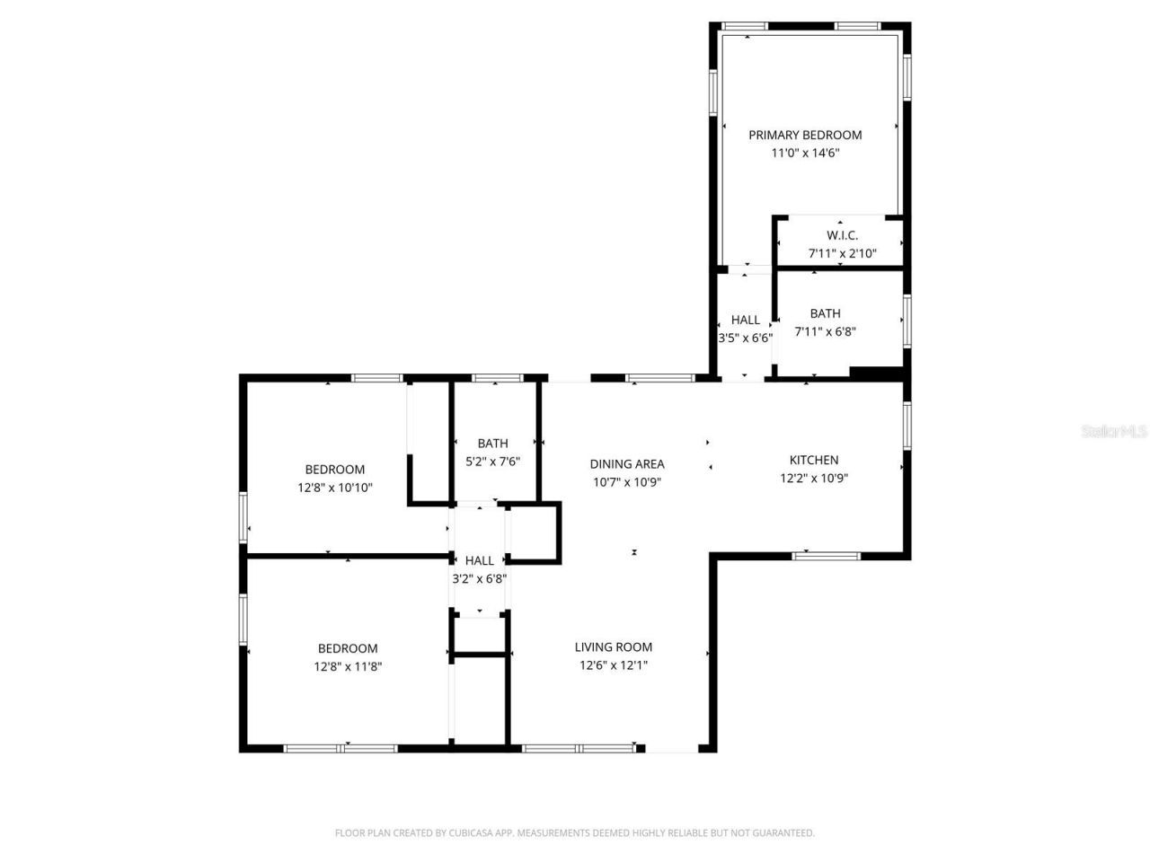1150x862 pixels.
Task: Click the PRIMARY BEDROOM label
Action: pyautogui.click(x=805, y=135)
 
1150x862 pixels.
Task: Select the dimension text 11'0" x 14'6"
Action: pyautogui.click(x=805, y=153)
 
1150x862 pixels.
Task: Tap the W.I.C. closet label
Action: pyautogui.click(x=842, y=235)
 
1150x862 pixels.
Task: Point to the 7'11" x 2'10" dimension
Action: pyautogui.click(x=842, y=253)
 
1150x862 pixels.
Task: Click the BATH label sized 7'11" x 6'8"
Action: pyautogui.click(x=825, y=313)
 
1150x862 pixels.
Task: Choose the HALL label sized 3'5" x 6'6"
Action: pyautogui.click(x=745, y=320)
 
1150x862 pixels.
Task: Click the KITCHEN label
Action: pyautogui.click(x=814, y=460)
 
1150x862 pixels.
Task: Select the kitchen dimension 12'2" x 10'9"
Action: pyautogui.click(x=814, y=478)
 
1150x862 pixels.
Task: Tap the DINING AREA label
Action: pyautogui.click(x=627, y=463)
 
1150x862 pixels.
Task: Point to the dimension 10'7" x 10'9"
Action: pyautogui.click(x=627, y=481)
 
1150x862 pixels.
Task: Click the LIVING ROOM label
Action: pyautogui.click(x=614, y=646)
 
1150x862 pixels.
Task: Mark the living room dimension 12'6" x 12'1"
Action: pyautogui.click(x=614, y=665)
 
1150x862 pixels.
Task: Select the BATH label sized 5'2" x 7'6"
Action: pyautogui.click(x=492, y=443)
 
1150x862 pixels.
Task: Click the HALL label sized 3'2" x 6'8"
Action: pyautogui.click(x=479, y=560)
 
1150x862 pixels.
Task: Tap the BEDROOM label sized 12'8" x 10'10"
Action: pyautogui.click(x=335, y=469)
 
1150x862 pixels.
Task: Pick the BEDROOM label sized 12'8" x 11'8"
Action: pyautogui.click(x=348, y=648)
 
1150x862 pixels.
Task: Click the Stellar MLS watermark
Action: pyautogui.click(x=1113, y=432)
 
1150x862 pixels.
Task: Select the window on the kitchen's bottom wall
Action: pyautogui.click(x=826, y=556)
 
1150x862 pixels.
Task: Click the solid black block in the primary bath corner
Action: pyautogui.click(x=876, y=374)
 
